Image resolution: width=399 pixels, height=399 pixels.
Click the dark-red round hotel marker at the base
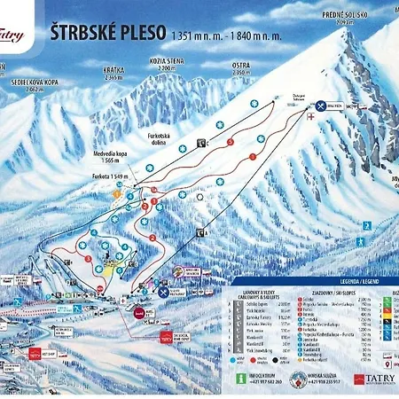[x=140, y=312]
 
